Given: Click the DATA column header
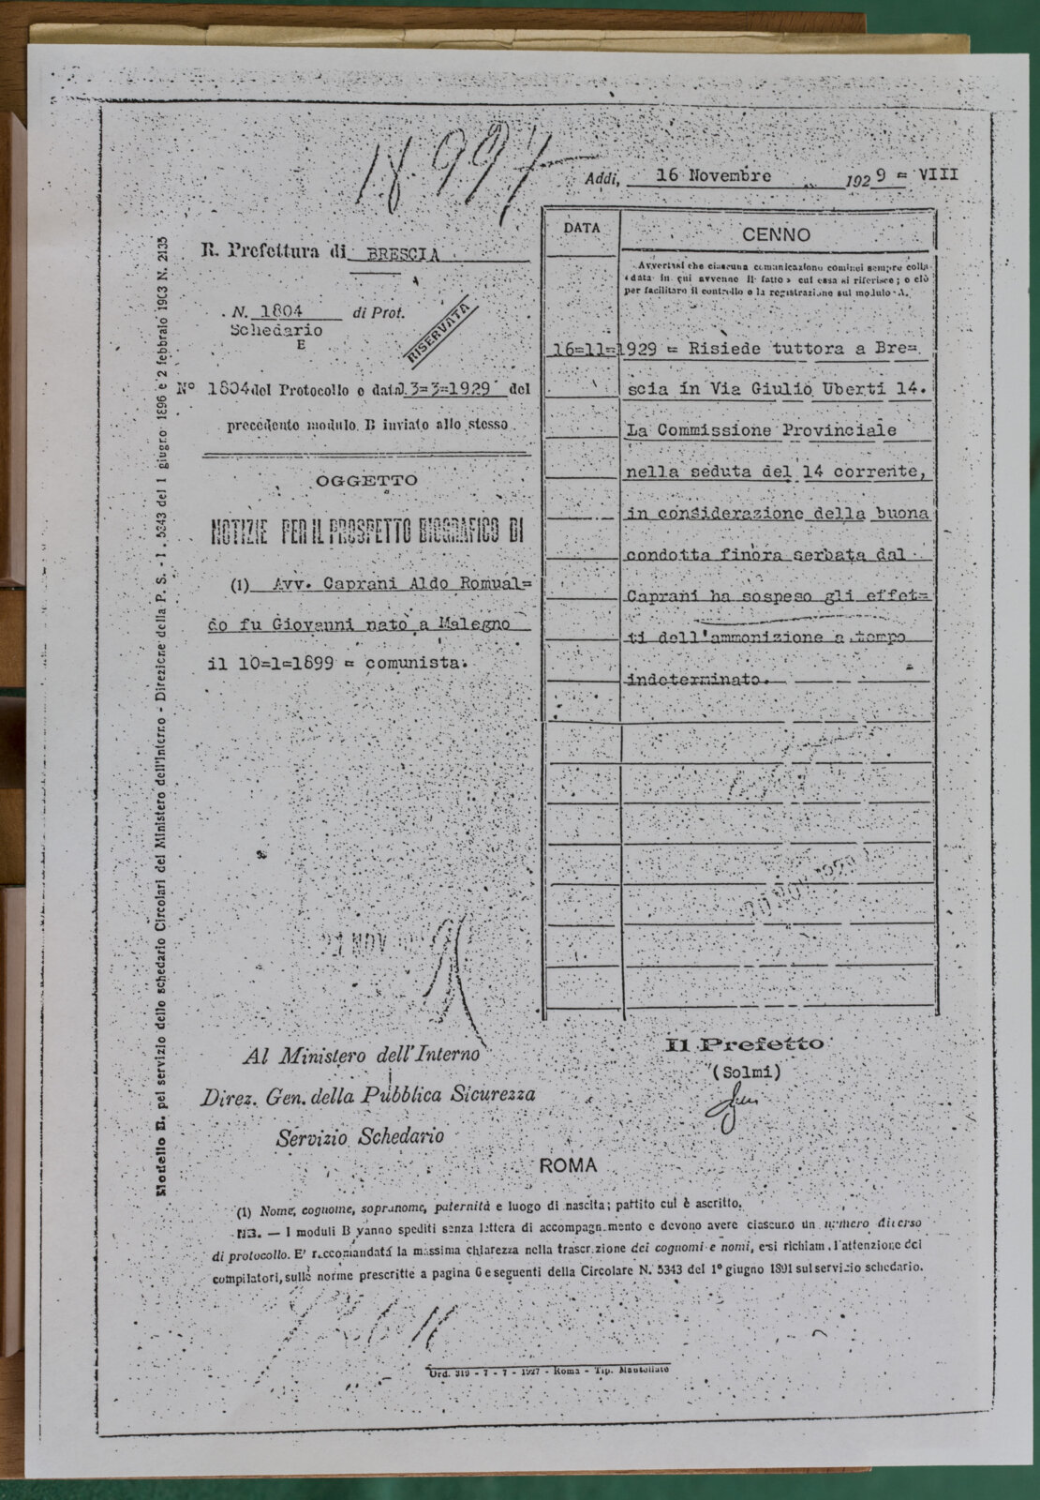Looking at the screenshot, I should click(582, 228).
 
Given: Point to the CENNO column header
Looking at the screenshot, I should click(777, 234).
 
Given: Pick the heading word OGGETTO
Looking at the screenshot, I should click(366, 480).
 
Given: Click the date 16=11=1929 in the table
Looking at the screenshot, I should click(600, 351).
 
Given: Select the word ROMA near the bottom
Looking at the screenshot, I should click(568, 1165).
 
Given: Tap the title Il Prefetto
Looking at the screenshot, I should click(745, 1043).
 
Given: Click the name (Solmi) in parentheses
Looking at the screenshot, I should click(746, 1071).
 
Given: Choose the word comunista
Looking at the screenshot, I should click(417, 662).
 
